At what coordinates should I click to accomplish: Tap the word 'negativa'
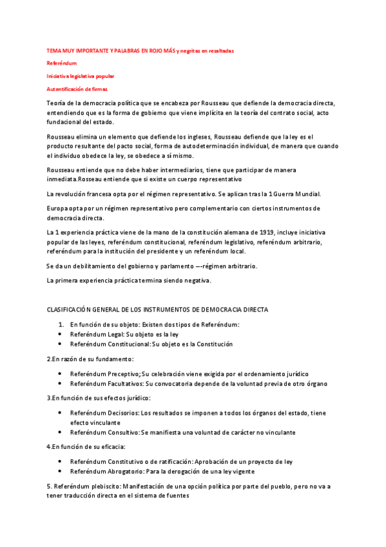point(196,280)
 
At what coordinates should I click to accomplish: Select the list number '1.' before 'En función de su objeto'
point(61,324)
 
